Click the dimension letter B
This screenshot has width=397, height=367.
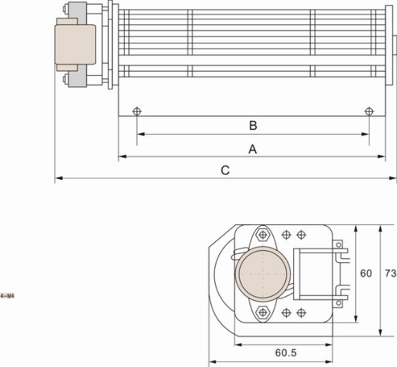pos(253,125)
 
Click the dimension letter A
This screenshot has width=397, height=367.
pos(252,149)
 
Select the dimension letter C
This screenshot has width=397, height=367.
pos(225,171)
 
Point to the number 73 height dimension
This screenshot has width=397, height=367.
pos(390,273)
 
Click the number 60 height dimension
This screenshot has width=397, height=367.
pos(366,273)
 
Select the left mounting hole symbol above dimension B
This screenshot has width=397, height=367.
pos(137,111)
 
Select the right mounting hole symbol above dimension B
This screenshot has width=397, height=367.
pos(369,111)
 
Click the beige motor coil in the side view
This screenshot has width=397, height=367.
pos(76,45)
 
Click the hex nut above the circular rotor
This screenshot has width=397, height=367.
pos(263,234)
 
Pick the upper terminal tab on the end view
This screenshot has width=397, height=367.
pos(340,251)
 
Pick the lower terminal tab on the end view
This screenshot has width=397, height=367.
pos(340,291)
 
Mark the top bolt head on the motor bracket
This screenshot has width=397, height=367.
pos(66,10)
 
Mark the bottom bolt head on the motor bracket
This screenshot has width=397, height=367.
pos(66,83)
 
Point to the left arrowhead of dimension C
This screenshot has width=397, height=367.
pos(58,177)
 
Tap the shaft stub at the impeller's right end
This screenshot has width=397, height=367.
pos(393,42)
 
